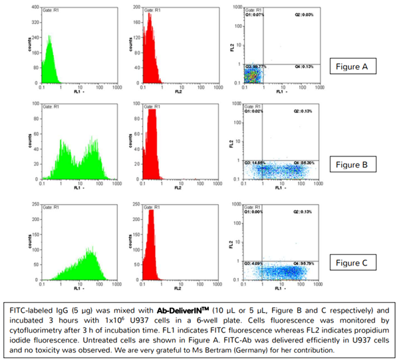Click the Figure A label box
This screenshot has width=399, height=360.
click(x=358, y=67)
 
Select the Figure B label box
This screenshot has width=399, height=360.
click(x=358, y=164)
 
